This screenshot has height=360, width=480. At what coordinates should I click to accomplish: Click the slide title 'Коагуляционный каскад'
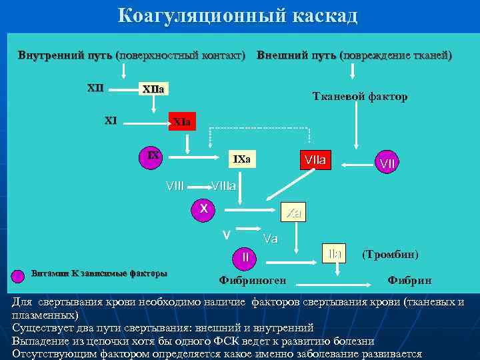click(x=238, y=15)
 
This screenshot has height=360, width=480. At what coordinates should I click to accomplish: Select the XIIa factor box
click(x=153, y=89)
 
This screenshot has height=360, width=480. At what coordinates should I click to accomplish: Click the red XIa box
click(x=181, y=122)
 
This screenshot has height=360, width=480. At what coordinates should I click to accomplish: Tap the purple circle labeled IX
click(x=153, y=157)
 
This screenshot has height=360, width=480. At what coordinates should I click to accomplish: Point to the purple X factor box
click(x=205, y=209)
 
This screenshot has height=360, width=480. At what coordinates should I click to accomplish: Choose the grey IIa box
click(x=335, y=253)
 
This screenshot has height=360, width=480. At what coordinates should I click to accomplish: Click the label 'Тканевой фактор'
click(x=360, y=97)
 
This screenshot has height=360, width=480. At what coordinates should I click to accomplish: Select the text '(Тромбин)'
click(x=390, y=254)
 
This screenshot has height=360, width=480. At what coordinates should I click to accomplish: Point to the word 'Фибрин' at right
click(x=409, y=280)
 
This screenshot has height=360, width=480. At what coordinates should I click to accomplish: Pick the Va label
click(x=271, y=238)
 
